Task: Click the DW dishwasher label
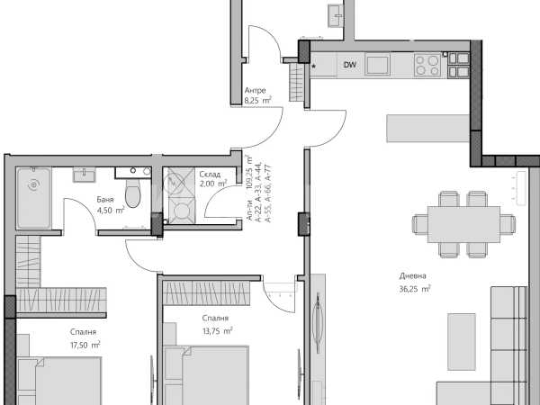tap(350, 65)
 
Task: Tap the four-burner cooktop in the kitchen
tap(427, 65)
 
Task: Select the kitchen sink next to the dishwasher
tap(378, 66)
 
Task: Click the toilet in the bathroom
tap(133, 193)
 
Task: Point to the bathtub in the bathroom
tap(34, 198)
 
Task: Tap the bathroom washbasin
tap(84, 175)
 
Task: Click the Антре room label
tap(256, 91)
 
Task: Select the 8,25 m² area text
tap(258, 101)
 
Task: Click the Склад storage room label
tap(210, 175)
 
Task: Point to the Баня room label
tap(105, 200)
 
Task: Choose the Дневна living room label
tap(412, 276)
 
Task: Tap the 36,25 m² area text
tap(415, 289)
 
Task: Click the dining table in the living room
tap(463, 224)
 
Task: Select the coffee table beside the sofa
tap(462, 342)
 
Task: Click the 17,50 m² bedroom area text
tap(85, 345)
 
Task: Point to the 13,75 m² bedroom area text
tap(217, 331)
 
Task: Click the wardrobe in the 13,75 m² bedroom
tap(206, 293)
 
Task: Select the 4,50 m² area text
tap(111, 210)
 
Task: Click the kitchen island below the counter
tap(427, 128)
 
